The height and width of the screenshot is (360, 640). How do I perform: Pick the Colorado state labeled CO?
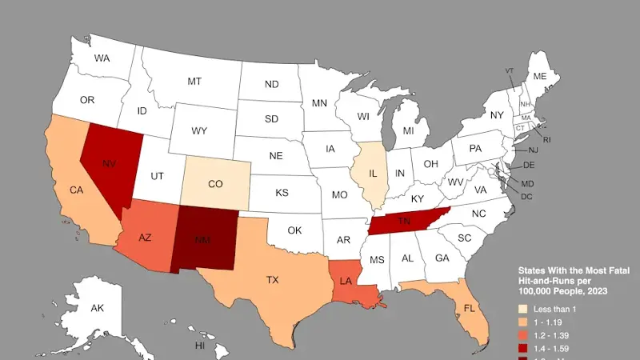click(215, 184)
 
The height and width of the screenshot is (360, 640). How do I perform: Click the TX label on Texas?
click(273, 280)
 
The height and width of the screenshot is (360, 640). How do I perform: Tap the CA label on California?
click(77, 190)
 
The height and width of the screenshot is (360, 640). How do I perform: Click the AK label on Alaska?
click(97, 308)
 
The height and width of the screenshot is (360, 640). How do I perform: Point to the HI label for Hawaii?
click(200, 346)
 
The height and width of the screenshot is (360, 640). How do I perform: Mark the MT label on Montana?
click(194, 82)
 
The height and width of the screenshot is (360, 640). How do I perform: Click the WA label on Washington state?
click(102, 58)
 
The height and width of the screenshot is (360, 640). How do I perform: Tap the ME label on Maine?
click(540, 76)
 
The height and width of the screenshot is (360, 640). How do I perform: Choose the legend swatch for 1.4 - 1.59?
click(525, 350)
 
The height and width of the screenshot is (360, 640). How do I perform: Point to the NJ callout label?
click(533, 150)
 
